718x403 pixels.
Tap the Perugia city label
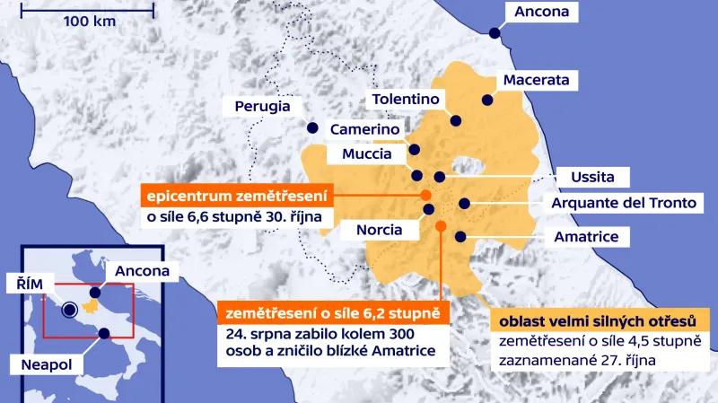(262, 106)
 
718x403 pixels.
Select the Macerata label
(536, 81)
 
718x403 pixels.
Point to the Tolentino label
(406, 99)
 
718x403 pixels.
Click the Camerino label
(363, 130)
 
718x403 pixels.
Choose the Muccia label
(367, 154)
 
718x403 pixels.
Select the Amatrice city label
(586, 237)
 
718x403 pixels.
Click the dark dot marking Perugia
(312, 127)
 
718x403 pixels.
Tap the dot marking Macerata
(487, 101)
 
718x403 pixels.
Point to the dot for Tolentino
(456, 120)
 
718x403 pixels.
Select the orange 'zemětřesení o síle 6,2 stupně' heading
(332, 313)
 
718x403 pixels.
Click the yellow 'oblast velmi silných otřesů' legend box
(598, 320)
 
